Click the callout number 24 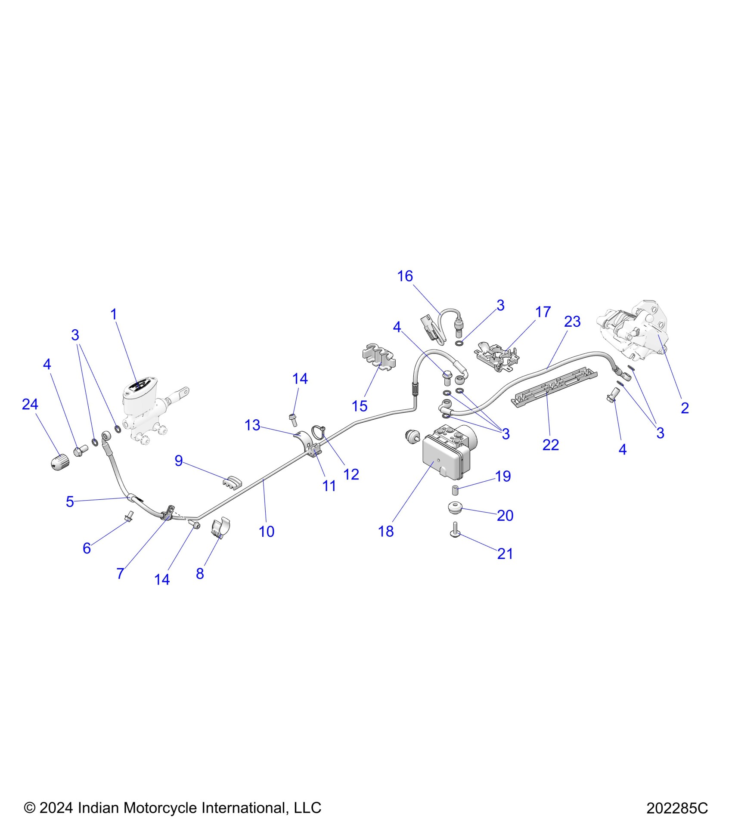pos(30,404)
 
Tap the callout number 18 pos(386,532)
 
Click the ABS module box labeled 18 pos(444,456)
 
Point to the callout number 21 pos(505,554)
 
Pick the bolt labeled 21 pos(456,529)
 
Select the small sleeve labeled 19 pos(455,490)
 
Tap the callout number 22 pos(551,445)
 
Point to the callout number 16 pos(405,276)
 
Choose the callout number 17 pos(543,312)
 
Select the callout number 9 pos(179,461)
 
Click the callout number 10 pos(267,532)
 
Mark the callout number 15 pos(360,406)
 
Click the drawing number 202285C pos(677,808)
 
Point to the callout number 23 pos(572,322)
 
